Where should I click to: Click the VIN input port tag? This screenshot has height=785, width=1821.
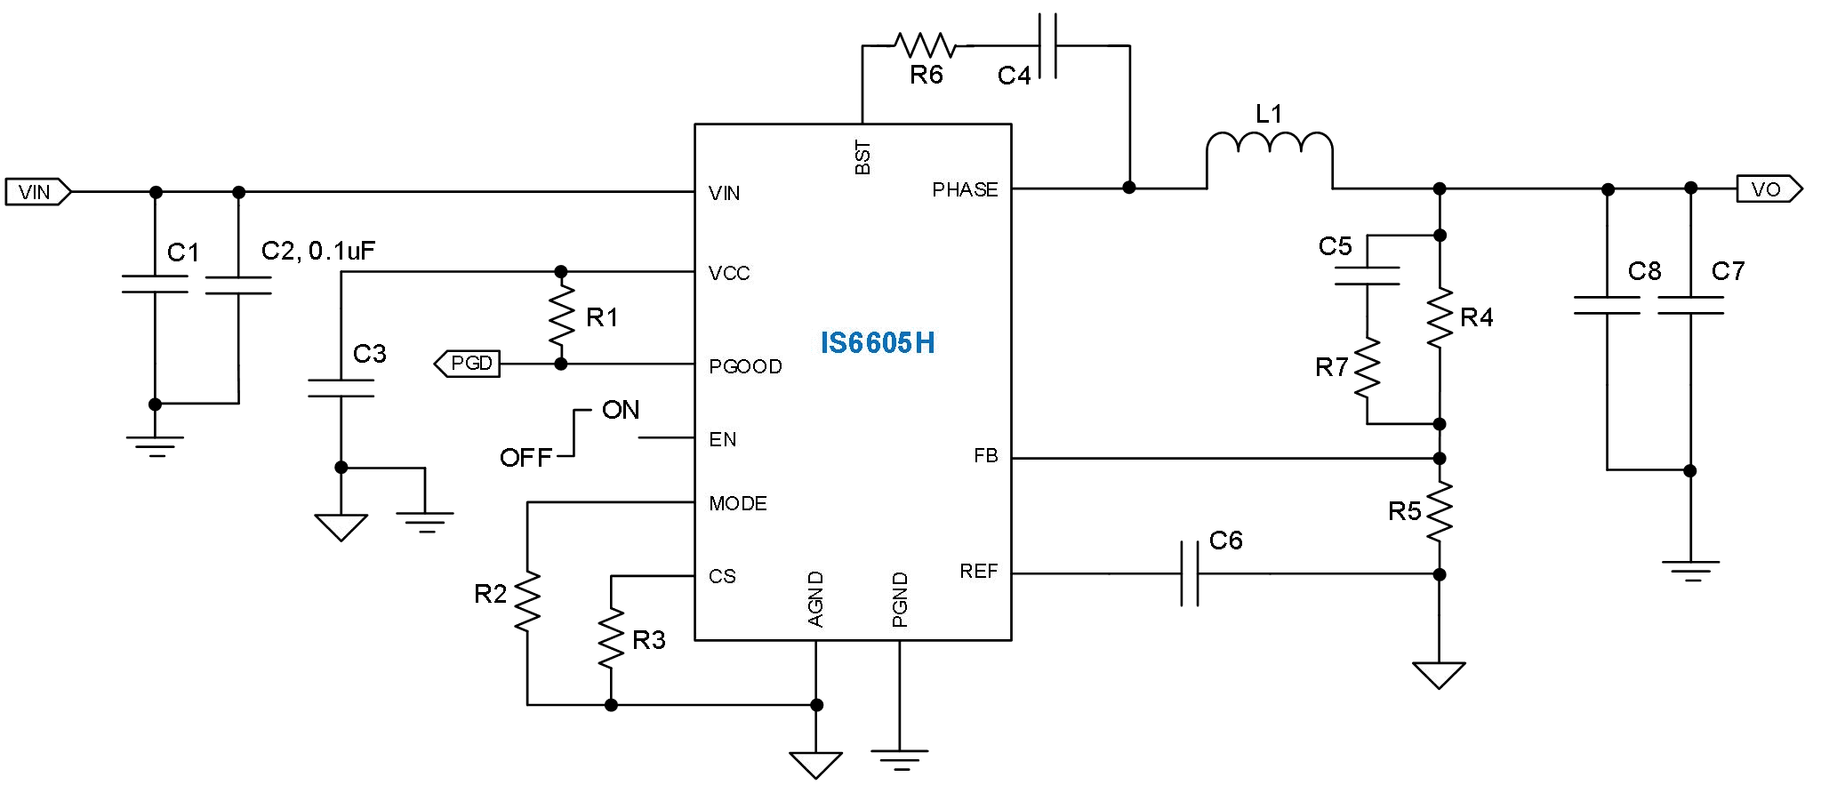pyautogui.click(x=36, y=192)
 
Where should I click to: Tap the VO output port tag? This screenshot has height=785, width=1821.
pyautogui.click(x=1768, y=189)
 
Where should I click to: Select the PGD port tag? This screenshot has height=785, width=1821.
pyautogui.click(x=468, y=364)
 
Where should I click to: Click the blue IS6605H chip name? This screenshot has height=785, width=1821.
pyautogui.click(x=877, y=343)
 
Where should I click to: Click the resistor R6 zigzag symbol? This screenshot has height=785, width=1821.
pyautogui.click(x=925, y=44)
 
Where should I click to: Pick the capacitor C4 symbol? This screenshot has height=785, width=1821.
pyautogui.click(x=1048, y=45)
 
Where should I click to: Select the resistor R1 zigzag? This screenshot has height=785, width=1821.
pyautogui.click(x=561, y=317)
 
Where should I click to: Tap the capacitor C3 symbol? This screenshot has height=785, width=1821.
pyautogui.click(x=341, y=388)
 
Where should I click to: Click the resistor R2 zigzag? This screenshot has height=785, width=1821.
pyautogui.click(x=527, y=602)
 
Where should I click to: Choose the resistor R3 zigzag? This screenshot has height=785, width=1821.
pyautogui.click(x=611, y=637)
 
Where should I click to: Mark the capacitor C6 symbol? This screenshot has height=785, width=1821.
pyautogui.click(x=1190, y=573)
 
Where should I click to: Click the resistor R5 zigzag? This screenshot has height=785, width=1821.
pyautogui.click(x=1439, y=512)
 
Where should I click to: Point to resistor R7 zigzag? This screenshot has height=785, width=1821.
pyautogui.click(x=1367, y=366)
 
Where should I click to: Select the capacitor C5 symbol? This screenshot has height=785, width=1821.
pyautogui.click(x=1367, y=276)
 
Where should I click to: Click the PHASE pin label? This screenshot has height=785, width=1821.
pyautogui.click(x=965, y=189)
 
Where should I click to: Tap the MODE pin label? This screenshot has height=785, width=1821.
pyautogui.click(x=737, y=504)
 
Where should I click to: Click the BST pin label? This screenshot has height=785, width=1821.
pyautogui.click(x=862, y=157)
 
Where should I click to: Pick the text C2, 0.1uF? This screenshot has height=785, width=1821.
pyautogui.click(x=317, y=252)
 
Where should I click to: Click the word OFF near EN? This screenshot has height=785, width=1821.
pyautogui.click(x=525, y=458)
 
